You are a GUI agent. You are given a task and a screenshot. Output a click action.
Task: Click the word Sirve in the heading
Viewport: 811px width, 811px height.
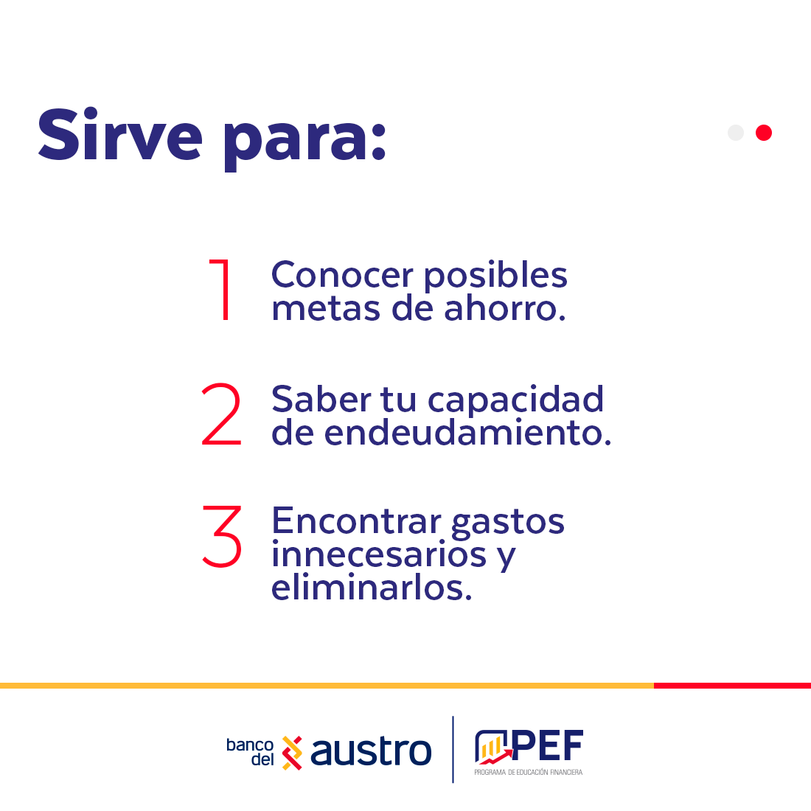pyautogui.click(x=120, y=134)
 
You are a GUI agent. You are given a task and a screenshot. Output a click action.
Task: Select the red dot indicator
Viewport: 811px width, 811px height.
pyautogui.click(x=763, y=133)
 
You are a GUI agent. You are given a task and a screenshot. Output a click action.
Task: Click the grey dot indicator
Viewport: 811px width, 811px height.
pyautogui.click(x=736, y=133)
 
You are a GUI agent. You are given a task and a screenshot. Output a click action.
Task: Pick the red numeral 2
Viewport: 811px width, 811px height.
pyautogui.click(x=221, y=414)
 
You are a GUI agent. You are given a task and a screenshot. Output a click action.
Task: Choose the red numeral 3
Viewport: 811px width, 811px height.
pyautogui.click(x=222, y=536)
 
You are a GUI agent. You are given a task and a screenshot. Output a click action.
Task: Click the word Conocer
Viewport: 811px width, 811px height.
pyautogui.click(x=342, y=275)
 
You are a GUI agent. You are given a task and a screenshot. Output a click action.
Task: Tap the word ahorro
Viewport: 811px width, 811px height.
pyautogui.click(x=505, y=308)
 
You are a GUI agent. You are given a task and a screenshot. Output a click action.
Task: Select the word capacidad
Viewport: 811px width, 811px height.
pyautogui.click(x=515, y=400)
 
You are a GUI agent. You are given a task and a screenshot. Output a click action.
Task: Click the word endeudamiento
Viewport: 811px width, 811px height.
pyautogui.click(x=467, y=432)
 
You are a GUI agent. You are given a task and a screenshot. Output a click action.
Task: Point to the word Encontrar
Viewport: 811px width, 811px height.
pyautogui.click(x=356, y=521)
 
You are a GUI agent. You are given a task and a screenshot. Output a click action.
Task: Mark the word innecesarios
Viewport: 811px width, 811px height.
pyautogui.click(x=379, y=554)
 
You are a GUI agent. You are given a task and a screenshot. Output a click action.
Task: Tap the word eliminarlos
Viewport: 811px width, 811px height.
pyautogui.click(x=372, y=588)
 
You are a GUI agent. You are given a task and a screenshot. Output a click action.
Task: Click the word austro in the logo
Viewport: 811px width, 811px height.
pyautogui.click(x=371, y=751)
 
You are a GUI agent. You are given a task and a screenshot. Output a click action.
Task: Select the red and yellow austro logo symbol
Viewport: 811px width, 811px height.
pyautogui.click(x=292, y=753)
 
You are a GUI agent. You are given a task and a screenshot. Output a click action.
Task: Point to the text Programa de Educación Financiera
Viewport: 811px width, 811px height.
pyautogui.click(x=529, y=772)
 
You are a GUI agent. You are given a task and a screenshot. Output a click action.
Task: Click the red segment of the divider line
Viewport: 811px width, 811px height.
pyautogui.click(x=732, y=686)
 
